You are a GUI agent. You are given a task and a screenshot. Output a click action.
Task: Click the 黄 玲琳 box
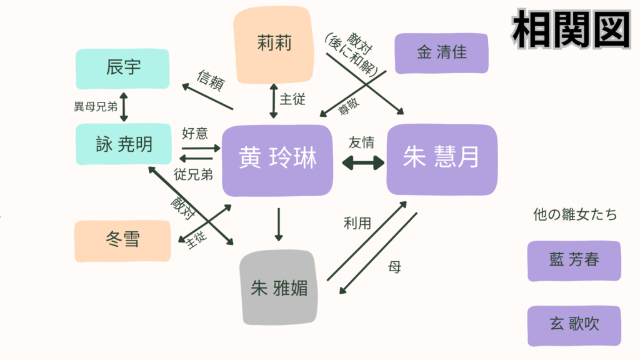(277, 160)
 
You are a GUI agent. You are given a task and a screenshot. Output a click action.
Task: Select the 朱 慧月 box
(441, 159)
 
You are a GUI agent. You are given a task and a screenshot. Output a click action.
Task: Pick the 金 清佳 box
(441, 53)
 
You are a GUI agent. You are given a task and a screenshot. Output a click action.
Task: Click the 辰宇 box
(122, 67)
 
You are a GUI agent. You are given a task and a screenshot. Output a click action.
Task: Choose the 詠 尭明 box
(122, 144)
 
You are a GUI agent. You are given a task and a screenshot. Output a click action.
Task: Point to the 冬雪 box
(122, 241)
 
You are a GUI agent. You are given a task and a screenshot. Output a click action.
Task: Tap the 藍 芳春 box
(574, 260)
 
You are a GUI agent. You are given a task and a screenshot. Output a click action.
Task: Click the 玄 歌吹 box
(574, 325)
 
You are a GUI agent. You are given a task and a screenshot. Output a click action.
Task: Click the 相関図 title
(570, 29)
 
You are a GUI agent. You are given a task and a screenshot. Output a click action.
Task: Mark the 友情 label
(362, 142)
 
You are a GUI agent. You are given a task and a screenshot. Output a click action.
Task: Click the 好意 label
(194, 132)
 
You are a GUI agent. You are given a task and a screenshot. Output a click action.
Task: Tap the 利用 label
(357, 222)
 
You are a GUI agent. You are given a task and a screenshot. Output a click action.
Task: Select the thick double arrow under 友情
(363, 163)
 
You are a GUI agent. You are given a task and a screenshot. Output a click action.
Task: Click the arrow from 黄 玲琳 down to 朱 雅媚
(279, 224)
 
